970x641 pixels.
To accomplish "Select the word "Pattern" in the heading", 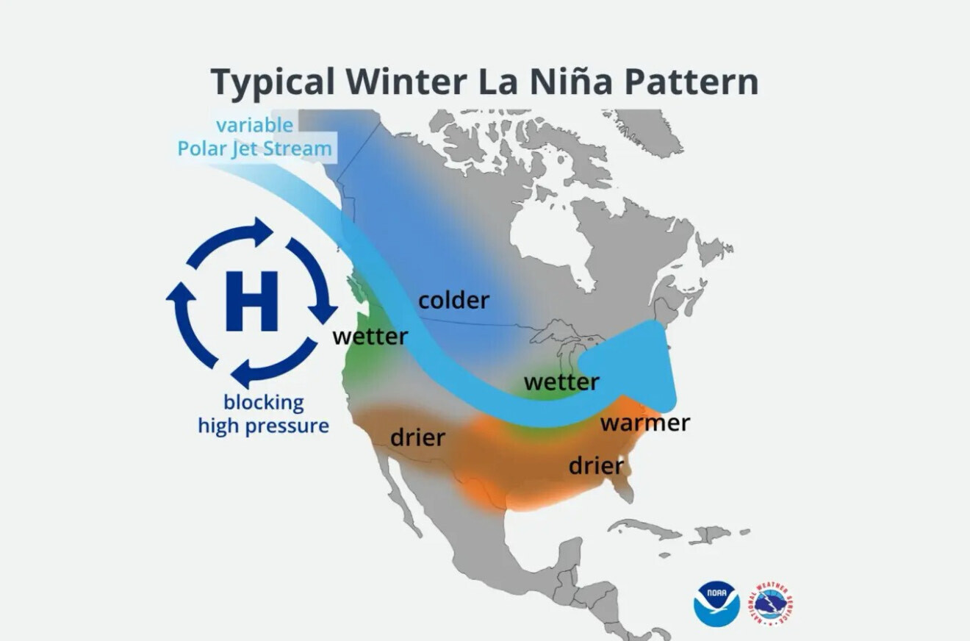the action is tap(691, 82).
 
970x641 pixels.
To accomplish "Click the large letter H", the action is tap(251, 301).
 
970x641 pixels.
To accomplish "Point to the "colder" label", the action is tap(454, 300).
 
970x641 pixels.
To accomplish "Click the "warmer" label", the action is tap(645, 423).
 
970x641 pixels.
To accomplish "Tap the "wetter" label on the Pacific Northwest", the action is tap(370, 336).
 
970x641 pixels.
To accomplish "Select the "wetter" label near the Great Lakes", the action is tap(561, 382).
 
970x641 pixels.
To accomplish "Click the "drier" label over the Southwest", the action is tap(417, 437).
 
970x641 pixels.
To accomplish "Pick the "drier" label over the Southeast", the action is tap(596, 465).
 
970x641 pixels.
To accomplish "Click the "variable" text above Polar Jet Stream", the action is tap(254, 125).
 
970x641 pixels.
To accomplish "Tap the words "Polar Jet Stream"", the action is tap(254, 148).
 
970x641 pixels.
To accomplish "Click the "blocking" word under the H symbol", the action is tap(264, 402).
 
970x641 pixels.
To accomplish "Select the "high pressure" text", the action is tap(263, 426).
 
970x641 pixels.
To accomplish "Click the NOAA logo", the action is tap(716, 604).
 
